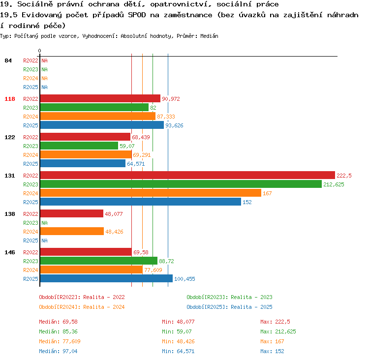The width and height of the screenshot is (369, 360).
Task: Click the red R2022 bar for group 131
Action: [187, 175]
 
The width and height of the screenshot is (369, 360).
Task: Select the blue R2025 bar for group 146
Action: [106, 278]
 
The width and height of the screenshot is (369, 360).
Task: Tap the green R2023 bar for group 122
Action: [79, 146]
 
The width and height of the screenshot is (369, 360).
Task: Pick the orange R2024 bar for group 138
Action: [72, 231]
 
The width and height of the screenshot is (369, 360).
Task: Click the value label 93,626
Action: [174, 125]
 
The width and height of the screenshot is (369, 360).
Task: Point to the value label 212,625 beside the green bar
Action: [334, 184]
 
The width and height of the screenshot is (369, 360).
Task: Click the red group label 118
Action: [10, 99]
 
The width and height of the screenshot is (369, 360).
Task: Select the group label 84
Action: [8, 60]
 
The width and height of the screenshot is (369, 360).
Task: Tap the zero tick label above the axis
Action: [39, 51]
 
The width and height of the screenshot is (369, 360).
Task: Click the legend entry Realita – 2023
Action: [251, 297]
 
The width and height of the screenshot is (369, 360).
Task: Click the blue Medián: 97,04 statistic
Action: [58, 351]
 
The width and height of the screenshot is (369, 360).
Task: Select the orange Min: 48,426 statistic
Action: [178, 341]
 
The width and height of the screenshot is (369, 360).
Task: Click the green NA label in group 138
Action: [44, 223]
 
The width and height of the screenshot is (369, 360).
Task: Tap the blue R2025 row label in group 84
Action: [31, 87]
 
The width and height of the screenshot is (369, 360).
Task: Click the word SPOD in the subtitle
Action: [137, 15]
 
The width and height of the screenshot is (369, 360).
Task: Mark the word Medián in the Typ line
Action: [209, 36]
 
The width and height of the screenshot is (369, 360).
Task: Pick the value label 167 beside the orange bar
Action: [267, 193]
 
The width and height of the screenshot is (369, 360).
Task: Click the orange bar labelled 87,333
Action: [98, 116]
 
